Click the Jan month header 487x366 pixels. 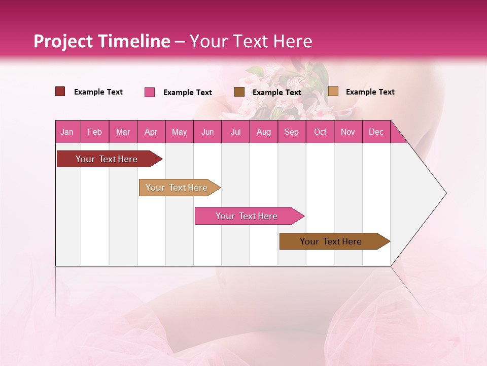(x=67, y=132)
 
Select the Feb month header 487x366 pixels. (x=95, y=132)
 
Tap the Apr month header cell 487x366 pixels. (x=151, y=132)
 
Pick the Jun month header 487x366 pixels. (x=207, y=132)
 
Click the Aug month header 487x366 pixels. (x=263, y=132)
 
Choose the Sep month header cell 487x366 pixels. (x=291, y=132)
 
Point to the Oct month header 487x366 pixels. (x=320, y=132)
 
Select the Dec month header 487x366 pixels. (x=376, y=132)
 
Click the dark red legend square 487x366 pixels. (x=60, y=91)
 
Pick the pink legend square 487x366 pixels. (x=150, y=92)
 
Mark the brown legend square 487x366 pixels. (x=239, y=91)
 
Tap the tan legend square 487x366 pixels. (x=333, y=91)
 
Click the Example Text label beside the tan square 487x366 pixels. (x=370, y=92)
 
